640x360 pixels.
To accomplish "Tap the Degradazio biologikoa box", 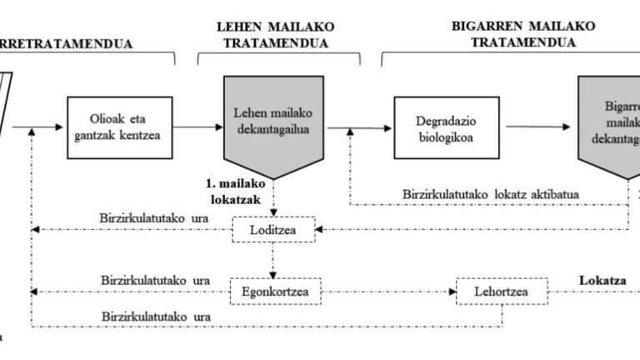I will click(x=438, y=127).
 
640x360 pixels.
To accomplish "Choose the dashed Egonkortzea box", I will click(x=273, y=292).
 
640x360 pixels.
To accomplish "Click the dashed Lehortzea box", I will click(x=502, y=292).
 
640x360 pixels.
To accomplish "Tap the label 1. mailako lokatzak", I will click(x=234, y=191).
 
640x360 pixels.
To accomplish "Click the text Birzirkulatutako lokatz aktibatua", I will click(x=492, y=195).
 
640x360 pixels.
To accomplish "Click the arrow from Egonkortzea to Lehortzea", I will click(x=389, y=292).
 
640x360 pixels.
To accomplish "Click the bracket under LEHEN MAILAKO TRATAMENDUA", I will click(x=279, y=57).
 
